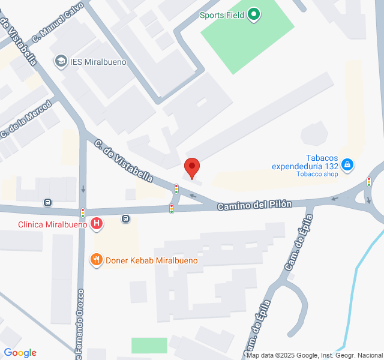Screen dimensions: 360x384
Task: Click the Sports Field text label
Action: coord(222,15)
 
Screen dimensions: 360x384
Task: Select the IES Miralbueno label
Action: coord(92,61)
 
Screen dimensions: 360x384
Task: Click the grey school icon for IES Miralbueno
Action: coord(61,61)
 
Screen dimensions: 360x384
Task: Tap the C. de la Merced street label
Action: coord(27,116)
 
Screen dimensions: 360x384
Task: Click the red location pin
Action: coord(192,167)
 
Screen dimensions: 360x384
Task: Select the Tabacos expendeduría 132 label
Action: coord(304,162)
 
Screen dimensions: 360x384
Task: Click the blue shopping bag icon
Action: coord(347,164)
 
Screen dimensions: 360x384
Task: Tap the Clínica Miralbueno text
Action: coord(53,224)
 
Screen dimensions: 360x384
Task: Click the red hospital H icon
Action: coord(97,224)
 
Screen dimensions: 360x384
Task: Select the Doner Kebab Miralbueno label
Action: coord(151,260)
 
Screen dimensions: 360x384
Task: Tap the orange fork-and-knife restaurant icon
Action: coord(95,260)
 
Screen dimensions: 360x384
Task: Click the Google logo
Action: coord(20,353)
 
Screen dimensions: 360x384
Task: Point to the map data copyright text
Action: coord(314,355)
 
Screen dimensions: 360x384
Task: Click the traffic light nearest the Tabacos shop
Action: coord(368,181)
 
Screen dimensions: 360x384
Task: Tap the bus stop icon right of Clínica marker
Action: coord(125,218)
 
